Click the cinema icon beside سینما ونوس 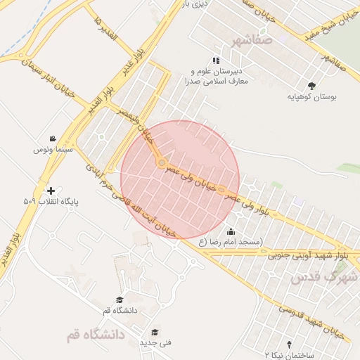(x=53, y=139)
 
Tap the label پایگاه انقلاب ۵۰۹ (x=50, y=202)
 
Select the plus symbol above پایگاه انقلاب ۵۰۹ (x=50, y=191)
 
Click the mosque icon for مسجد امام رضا (x=231, y=231)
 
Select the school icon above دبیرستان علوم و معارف (x=215, y=60)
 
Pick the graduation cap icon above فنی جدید (x=155, y=332)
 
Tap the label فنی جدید (x=151, y=342)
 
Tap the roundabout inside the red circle (x=162, y=163)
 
